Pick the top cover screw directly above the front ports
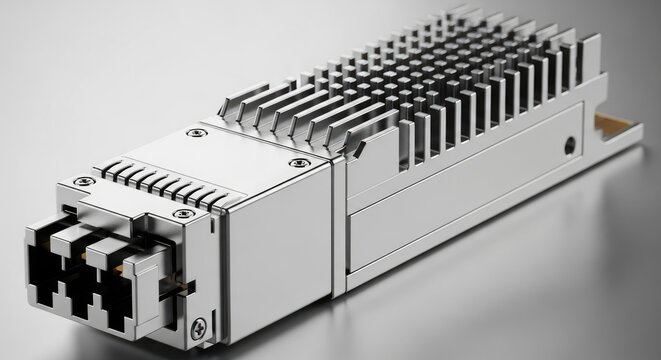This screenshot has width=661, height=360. coord(182,214)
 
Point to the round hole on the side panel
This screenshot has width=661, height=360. coord(569,144)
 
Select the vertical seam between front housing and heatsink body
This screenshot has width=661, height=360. coord(341,220)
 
